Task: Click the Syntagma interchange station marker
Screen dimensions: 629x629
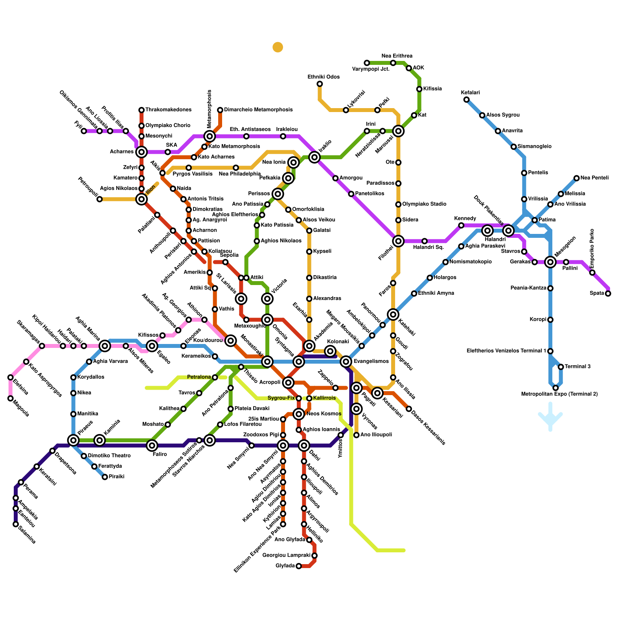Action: (x=299, y=361)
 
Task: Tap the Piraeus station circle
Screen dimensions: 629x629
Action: (x=74, y=440)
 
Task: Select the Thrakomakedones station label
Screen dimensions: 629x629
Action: (x=168, y=110)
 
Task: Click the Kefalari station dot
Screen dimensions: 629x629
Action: (x=466, y=99)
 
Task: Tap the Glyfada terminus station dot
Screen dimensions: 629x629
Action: (x=299, y=566)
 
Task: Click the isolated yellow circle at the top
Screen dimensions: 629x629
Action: (x=278, y=47)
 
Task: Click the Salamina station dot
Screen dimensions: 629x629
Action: (x=16, y=524)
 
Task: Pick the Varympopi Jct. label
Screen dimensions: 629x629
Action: (x=371, y=69)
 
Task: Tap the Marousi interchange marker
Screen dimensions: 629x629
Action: (x=398, y=131)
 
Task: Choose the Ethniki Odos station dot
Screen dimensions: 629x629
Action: (x=320, y=84)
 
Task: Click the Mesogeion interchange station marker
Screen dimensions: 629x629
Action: (x=550, y=262)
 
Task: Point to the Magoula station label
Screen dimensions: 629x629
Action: (x=21, y=408)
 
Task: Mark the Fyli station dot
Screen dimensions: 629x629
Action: (x=84, y=131)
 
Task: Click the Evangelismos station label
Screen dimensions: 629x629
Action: (x=372, y=362)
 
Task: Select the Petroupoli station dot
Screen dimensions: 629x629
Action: (x=99, y=199)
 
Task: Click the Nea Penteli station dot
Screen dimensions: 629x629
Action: (x=576, y=178)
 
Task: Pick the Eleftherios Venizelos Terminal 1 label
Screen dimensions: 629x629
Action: (x=506, y=351)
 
